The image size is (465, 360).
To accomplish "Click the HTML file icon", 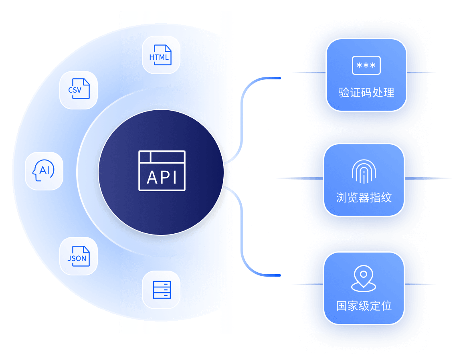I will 161,55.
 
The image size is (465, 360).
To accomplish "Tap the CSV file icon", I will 78,90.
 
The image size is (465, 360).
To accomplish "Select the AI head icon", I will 43,171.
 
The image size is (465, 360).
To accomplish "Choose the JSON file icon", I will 78,256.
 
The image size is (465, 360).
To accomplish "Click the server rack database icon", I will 162,289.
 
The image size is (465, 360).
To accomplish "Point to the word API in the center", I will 162,177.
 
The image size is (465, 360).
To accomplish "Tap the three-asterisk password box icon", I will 366,65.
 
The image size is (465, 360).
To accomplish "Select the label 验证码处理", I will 366,93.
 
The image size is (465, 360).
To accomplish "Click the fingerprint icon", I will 364,172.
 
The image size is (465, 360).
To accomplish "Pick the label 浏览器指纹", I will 364,198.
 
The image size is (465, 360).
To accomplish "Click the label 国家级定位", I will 364,306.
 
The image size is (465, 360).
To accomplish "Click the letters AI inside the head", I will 45,171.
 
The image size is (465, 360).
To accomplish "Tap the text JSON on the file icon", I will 77,259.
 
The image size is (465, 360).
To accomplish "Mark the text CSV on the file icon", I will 75,91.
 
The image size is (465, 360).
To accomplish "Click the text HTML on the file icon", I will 159,57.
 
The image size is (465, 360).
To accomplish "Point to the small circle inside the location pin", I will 364,275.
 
